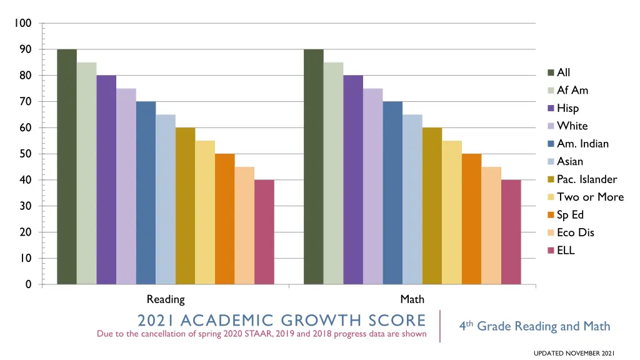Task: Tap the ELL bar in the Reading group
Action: (x=264, y=232)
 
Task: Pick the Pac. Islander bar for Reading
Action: (x=185, y=206)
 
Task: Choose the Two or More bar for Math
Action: (x=452, y=212)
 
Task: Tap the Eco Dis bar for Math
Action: (x=491, y=226)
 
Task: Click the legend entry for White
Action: (x=572, y=126)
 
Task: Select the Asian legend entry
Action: (x=570, y=161)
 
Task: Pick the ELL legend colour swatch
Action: (x=552, y=251)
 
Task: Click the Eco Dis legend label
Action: (x=576, y=232)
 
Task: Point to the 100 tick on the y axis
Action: (x=23, y=23)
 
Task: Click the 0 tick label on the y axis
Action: (x=28, y=284)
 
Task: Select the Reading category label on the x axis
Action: (x=166, y=299)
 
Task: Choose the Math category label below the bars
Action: (x=412, y=299)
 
